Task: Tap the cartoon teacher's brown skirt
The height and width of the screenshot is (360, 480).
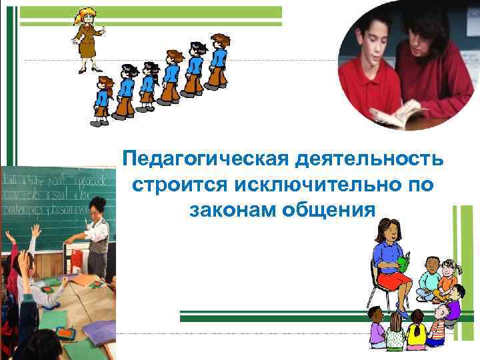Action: [87, 49]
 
